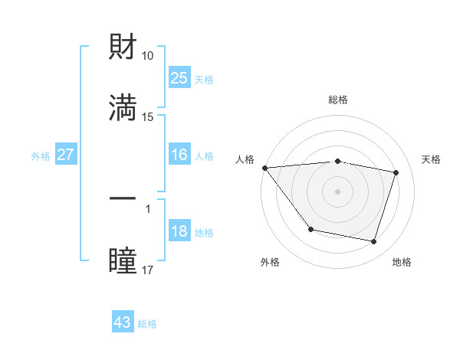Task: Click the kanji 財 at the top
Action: [x=123, y=48]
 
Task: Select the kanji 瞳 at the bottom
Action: [x=123, y=260]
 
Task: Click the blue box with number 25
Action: [x=179, y=78]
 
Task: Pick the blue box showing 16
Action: [x=179, y=155]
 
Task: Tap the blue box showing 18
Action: [x=179, y=232]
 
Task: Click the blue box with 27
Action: [x=66, y=155]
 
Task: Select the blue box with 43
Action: [x=123, y=322]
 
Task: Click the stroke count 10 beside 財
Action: [x=148, y=56]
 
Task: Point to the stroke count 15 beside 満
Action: [x=148, y=117]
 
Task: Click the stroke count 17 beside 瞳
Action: [x=148, y=270]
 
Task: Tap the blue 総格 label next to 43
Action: [x=147, y=324]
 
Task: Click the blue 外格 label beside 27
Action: [x=41, y=155]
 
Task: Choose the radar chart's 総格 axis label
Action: [x=337, y=100]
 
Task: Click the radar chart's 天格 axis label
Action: [x=431, y=159]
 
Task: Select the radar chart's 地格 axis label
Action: [x=402, y=262]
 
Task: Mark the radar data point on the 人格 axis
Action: [x=264, y=168]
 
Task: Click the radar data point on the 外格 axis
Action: [x=310, y=229]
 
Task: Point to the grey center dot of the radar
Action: [x=337, y=191]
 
